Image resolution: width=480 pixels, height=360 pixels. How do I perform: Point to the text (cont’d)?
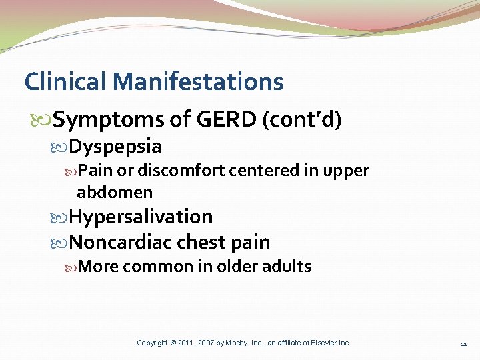(x=303, y=120)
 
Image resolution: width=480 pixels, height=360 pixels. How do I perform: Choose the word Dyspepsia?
(x=115, y=146)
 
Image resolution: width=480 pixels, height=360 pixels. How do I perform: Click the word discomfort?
(x=171, y=171)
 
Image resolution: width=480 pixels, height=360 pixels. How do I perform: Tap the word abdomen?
(x=115, y=193)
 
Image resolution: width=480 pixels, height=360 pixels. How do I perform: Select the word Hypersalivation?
(x=141, y=217)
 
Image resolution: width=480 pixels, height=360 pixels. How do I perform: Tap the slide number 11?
(x=463, y=343)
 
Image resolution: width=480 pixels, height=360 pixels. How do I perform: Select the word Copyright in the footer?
(x=152, y=343)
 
